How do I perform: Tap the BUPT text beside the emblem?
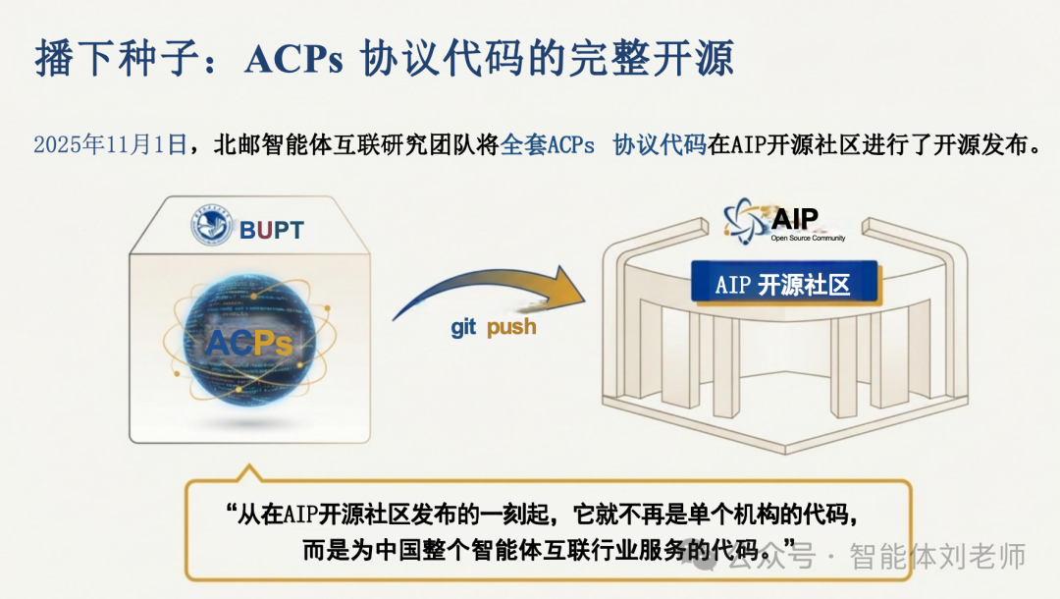[272, 231]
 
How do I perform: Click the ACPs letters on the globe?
[249, 343]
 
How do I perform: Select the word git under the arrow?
[463, 327]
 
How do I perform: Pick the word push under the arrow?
[511, 327]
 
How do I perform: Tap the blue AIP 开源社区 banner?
[781, 285]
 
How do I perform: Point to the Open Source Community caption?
[808, 238]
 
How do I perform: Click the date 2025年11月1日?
[110, 145]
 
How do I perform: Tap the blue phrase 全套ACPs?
[548, 145]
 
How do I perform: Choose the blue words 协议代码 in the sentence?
[659, 145]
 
